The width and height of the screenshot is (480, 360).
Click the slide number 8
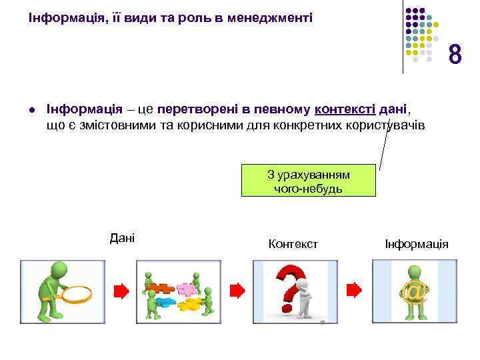coord(455,55)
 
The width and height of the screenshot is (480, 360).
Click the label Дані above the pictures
coord(121,237)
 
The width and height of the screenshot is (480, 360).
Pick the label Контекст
coord(293,244)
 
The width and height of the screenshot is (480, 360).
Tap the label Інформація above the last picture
coord(417,244)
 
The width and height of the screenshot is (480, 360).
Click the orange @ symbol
coord(413,293)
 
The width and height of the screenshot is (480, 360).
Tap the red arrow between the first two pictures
coord(121,291)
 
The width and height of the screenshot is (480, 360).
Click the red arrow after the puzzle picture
coord(237,291)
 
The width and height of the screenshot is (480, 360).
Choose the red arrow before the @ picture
coord(353,291)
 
